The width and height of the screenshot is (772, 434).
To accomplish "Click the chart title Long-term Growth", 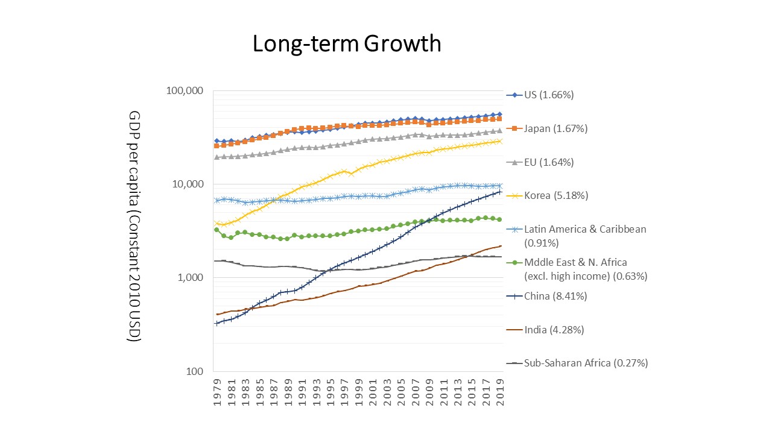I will (x=347, y=44).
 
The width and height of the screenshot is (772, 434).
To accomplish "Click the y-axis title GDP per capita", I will (x=134, y=226).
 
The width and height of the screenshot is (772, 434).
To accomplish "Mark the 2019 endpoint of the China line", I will (x=501, y=192).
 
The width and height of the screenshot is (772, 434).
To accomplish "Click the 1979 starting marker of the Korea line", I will (x=217, y=223).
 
